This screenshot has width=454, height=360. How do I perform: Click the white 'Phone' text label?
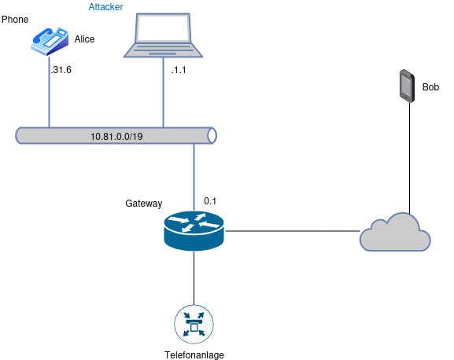(x=14, y=19)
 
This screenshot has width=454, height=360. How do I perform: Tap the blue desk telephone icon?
(x=49, y=41)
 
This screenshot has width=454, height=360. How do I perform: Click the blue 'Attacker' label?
(x=105, y=6)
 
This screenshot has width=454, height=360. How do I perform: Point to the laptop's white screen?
(x=163, y=28)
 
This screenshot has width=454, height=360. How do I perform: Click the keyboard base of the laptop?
(x=163, y=50)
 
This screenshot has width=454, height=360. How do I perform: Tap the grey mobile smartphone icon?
(x=406, y=86)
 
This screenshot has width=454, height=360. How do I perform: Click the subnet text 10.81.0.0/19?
(x=116, y=136)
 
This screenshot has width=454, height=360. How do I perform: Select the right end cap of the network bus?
(x=211, y=135)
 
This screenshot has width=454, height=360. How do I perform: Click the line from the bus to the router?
(x=194, y=177)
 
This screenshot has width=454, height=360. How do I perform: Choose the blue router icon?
(x=194, y=231)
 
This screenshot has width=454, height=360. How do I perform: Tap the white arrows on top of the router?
(x=194, y=222)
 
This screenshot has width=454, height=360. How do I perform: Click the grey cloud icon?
(x=395, y=233)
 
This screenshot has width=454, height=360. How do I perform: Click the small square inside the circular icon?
(x=194, y=325)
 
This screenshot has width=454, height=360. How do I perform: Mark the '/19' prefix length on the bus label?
(x=136, y=136)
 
